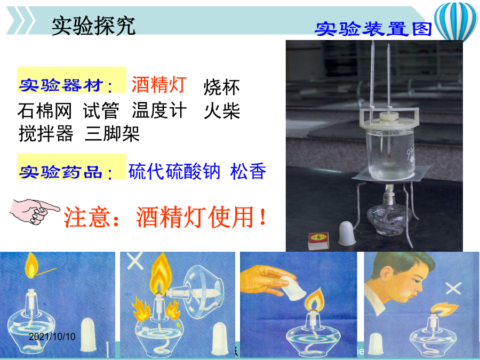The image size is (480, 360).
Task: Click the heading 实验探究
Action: (93, 26)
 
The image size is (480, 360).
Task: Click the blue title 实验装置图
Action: (373, 29)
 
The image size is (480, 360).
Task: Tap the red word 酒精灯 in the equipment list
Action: (159, 84)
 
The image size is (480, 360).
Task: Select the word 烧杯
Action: (222, 87)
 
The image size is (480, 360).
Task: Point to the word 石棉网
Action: (45, 110)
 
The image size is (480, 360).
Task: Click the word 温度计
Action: (159, 110)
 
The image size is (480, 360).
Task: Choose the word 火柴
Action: (222, 110)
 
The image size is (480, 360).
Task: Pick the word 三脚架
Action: (112, 133)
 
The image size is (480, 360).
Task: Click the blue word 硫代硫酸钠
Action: (174, 171)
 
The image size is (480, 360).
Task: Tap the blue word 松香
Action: (248, 171)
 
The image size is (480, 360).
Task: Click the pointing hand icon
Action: (34, 212)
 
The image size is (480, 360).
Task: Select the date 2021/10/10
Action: (52, 337)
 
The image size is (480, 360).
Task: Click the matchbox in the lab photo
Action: (319, 241)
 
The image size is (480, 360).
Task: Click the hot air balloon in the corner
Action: (455, 21)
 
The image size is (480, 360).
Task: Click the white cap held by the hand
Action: (293, 288)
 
